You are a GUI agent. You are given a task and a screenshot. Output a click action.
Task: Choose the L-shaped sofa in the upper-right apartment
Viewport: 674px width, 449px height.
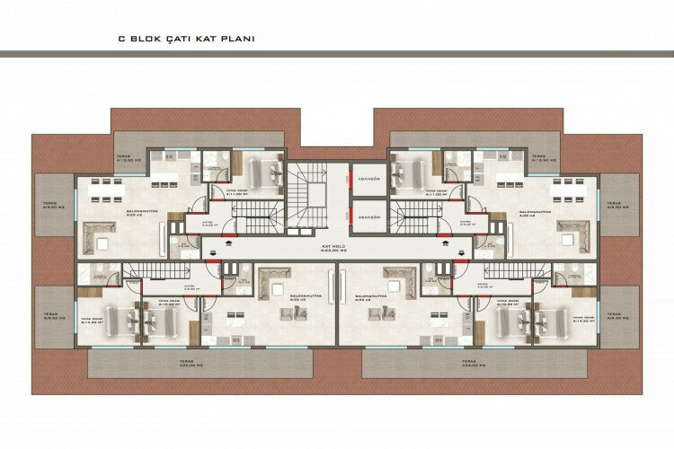[575, 235]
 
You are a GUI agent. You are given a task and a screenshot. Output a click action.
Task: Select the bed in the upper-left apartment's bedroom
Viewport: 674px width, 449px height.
[262, 169]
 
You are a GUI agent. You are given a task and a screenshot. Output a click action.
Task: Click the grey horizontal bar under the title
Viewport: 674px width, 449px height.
[337, 56]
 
